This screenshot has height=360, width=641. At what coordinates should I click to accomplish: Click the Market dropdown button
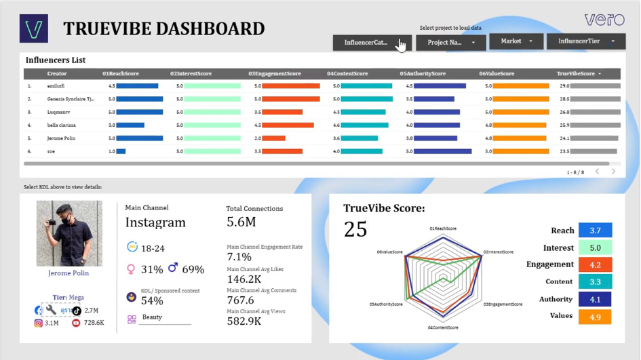[x=516, y=41]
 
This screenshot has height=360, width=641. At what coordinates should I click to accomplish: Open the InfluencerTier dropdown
[x=585, y=41]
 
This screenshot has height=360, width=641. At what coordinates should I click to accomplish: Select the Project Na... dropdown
[x=450, y=42]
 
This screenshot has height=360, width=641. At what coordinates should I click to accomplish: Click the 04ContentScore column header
[x=347, y=74]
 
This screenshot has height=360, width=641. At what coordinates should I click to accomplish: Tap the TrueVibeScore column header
[x=576, y=74]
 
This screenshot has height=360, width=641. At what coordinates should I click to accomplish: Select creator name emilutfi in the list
[x=56, y=86]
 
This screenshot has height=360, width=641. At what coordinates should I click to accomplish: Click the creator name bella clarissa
[x=61, y=125]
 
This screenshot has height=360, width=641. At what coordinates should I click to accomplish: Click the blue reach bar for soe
[x=121, y=152]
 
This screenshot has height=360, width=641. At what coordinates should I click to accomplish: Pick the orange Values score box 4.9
[x=595, y=316]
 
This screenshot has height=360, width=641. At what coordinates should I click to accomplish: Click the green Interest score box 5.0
[x=595, y=248]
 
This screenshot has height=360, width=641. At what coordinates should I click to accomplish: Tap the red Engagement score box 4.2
[x=595, y=265]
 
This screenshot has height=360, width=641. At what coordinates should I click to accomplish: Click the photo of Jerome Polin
[x=69, y=233]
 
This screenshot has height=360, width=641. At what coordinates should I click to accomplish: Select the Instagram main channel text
[x=155, y=222]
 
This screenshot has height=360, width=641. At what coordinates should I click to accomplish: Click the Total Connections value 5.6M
[x=241, y=222]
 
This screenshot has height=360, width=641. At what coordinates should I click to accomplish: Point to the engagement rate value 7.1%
[x=239, y=257]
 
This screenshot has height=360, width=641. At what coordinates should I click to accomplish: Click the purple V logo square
[x=34, y=28]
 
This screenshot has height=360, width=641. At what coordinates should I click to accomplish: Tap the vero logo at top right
[x=604, y=19]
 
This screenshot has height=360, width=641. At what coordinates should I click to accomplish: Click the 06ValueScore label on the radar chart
[x=389, y=252]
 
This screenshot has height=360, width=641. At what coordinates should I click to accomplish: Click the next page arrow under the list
[x=613, y=172]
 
